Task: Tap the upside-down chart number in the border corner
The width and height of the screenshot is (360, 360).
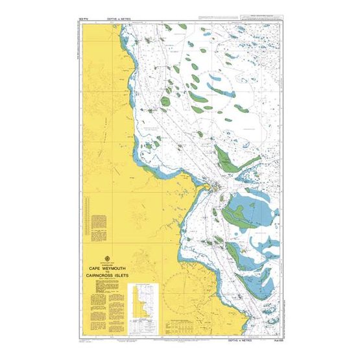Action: [83, 20]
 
